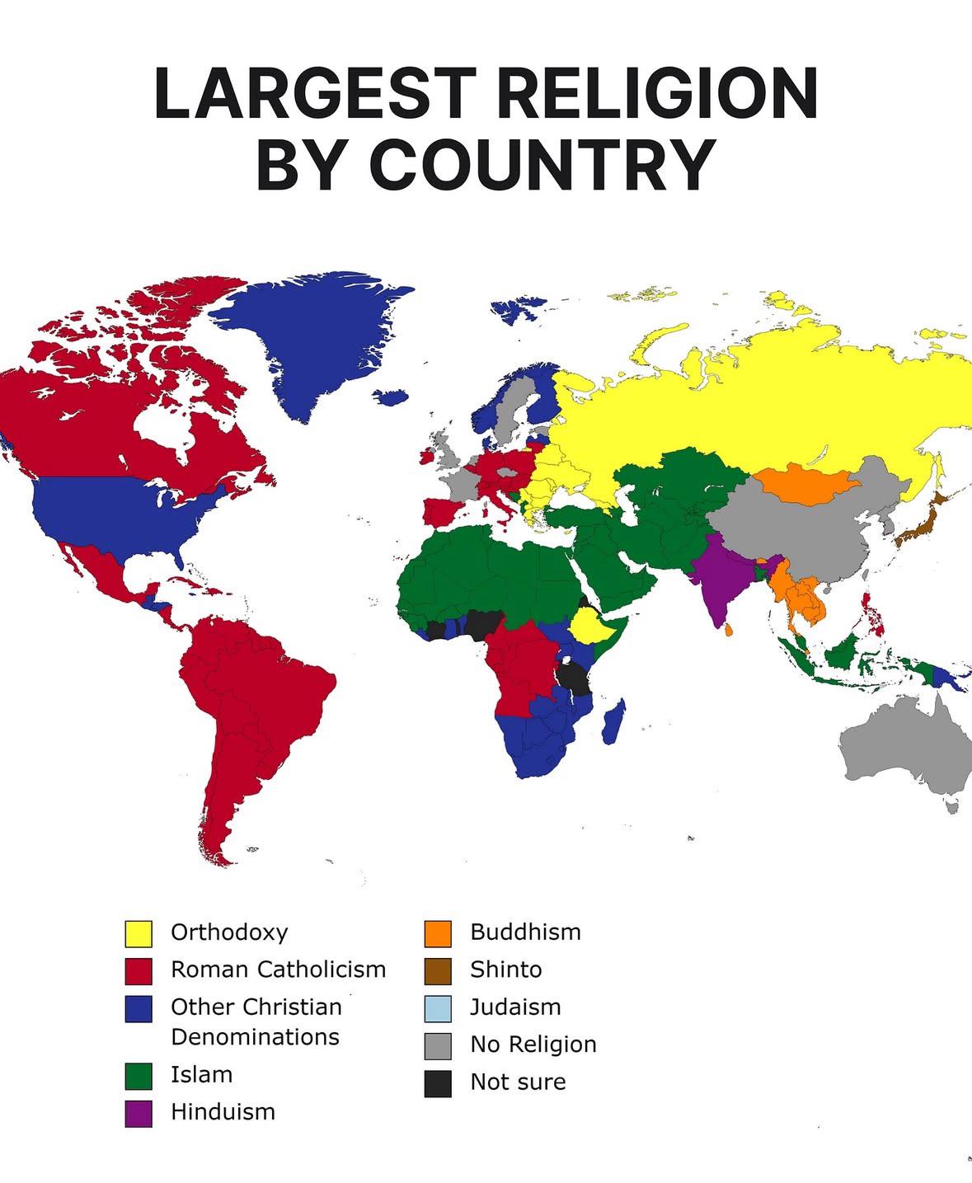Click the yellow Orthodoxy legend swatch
point(139,933)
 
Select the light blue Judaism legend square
point(438,1007)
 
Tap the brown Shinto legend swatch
point(438,970)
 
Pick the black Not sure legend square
point(438,1082)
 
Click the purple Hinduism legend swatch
point(139,1113)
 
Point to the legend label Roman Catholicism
point(278,969)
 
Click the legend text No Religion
point(533,1045)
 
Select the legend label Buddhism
point(525,932)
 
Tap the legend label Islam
point(201,1075)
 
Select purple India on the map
point(719,577)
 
